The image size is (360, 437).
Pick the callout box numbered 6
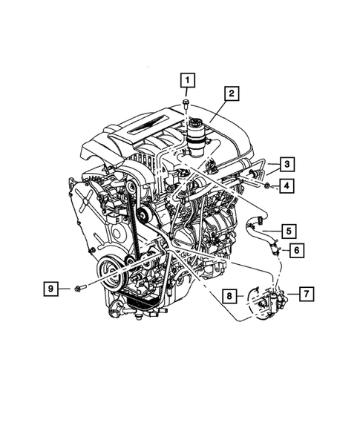[295, 250]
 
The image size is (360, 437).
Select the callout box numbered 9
[51, 287]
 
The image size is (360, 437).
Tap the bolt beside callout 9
[80, 287]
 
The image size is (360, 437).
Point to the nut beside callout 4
[266, 184]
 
